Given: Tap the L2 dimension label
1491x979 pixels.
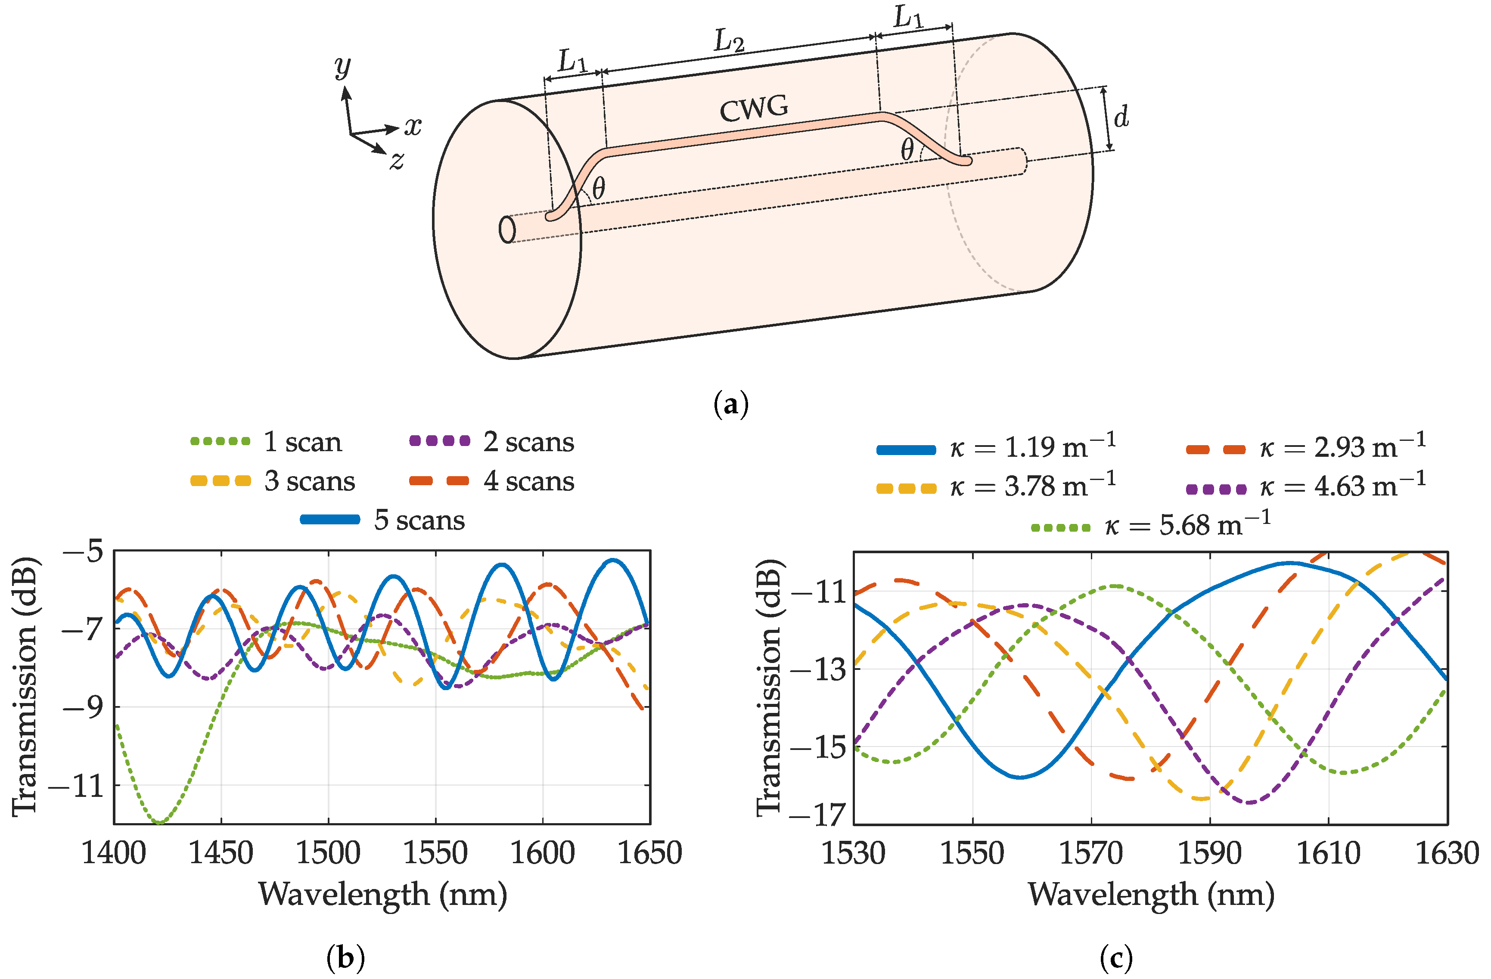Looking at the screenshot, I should [x=729, y=41].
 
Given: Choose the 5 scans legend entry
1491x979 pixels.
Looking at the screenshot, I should [x=383, y=520].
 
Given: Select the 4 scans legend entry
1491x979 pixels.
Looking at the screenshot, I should [x=492, y=481].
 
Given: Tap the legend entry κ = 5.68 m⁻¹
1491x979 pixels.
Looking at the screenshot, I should [x=1151, y=525].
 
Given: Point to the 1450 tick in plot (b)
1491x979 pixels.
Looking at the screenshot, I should [x=221, y=853].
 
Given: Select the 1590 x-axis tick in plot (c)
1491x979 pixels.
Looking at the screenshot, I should [x=1210, y=853].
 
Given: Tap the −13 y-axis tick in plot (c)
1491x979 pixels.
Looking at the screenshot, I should [x=820, y=669].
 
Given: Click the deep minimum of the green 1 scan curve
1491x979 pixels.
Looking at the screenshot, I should [x=160, y=822].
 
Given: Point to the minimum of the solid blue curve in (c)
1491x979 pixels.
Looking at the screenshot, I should [x=1021, y=777].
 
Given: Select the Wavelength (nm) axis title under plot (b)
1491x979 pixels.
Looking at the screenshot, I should [x=382, y=895].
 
